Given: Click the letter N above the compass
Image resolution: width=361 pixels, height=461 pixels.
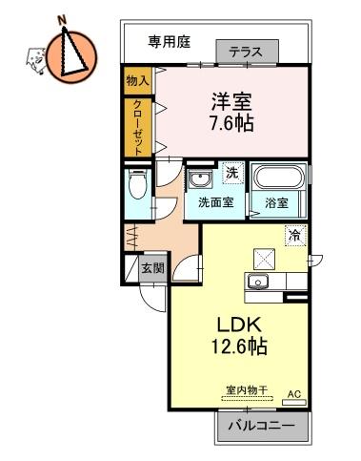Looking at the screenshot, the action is point(63,20).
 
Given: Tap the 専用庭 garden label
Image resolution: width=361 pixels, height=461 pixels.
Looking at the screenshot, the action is point(170,42).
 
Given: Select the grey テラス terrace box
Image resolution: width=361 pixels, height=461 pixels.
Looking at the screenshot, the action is point(248,52).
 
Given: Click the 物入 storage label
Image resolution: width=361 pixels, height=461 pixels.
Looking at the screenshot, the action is point(137,81).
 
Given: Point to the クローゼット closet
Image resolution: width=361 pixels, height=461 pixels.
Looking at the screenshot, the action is point(138,128).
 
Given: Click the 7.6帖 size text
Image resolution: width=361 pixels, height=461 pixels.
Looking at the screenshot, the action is point(231,123).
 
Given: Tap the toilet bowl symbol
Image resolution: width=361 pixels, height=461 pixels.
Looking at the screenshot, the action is point(138,184).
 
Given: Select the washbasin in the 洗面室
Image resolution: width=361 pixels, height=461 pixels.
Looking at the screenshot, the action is point(199,178).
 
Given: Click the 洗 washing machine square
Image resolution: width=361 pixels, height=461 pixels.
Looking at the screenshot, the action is point(233,173).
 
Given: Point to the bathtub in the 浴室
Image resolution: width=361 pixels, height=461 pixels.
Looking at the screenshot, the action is point(278,177).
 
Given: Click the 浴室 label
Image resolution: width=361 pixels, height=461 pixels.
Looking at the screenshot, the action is point(276,203).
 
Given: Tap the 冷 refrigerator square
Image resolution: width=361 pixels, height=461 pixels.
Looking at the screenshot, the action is point(295,236).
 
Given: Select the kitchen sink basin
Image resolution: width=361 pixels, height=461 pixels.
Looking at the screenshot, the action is point(257,282).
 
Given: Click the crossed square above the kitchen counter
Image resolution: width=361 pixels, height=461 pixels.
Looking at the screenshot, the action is point(264,259).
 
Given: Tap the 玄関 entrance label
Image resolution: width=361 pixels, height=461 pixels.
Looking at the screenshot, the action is point(153,268).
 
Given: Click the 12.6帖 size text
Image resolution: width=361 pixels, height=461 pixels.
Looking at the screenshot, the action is point(239,346).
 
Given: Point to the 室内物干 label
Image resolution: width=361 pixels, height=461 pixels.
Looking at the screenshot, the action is point(247,390).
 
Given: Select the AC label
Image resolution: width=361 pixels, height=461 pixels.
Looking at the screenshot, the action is point(294,394).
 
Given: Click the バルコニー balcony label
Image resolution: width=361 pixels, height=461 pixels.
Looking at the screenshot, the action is point(261,425).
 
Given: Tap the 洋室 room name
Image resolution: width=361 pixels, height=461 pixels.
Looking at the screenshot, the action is point(232,101).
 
